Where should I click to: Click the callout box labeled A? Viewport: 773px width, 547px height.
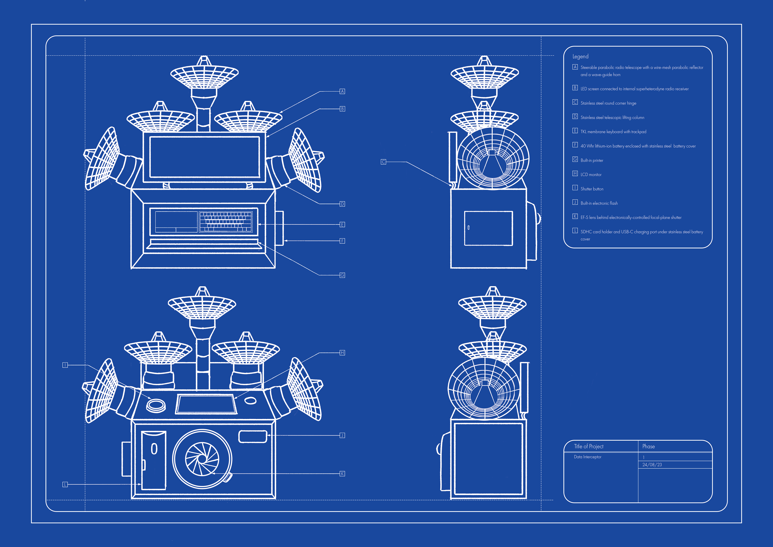(x=342, y=91)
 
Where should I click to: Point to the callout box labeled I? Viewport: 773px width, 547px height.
(x=65, y=365)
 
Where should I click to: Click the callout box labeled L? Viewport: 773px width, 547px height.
(x=65, y=484)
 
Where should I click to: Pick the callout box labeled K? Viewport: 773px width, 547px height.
(x=342, y=473)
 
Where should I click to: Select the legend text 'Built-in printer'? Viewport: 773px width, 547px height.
(x=592, y=160)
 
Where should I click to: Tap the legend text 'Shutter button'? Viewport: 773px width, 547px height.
(x=592, y=189)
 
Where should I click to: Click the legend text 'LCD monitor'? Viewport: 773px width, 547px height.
(x=591, y=175)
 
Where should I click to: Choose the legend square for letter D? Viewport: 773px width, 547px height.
(x=575, y=117)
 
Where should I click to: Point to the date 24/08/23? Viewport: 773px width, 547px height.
(x=652, y=465)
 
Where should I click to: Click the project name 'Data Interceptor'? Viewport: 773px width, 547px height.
(x=587, y=457)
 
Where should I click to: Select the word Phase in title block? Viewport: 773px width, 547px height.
(x=648, y=446)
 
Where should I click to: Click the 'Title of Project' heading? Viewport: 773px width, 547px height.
(x=588, y=446)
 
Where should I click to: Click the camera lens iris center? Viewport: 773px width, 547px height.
(x=202, y=459)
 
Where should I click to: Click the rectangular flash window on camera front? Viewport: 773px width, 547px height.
(x=252, y=436)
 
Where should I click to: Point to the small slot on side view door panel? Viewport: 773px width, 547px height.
(x=468, y=228)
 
